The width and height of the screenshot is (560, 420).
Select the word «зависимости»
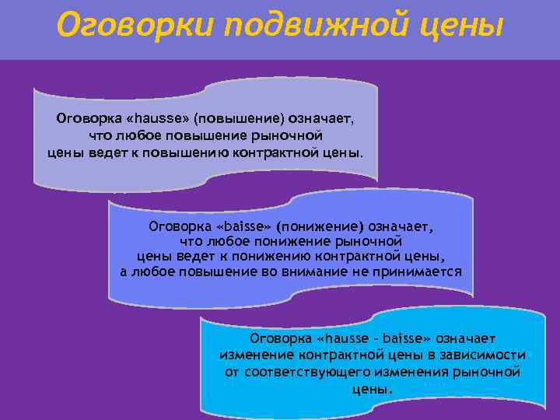click(x=488, y=355)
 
